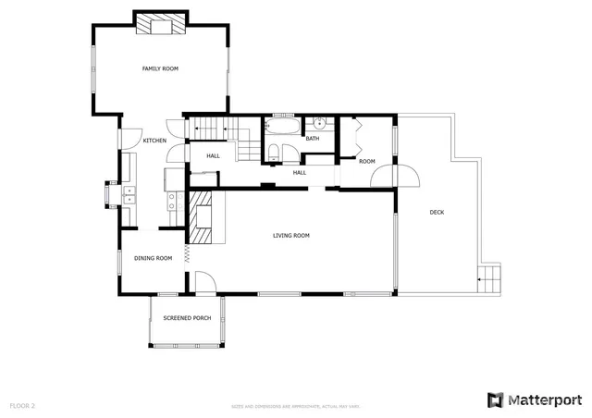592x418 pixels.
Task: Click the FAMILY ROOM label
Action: click(160, 68)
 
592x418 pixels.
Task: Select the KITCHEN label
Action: click(154, 141)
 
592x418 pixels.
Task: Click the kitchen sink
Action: click(129, 194)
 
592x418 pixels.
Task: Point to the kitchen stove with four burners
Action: click(170, 196)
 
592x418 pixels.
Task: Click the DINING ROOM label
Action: click(154, 258)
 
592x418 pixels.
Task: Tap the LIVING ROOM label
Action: click(290, 236)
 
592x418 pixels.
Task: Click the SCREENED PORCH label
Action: click(187, 318)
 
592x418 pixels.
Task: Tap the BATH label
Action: click(313, 140)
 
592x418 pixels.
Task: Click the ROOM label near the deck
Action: click(367, 162)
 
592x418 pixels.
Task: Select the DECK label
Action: click(437, 213)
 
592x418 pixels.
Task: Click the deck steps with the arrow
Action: click(487, 277)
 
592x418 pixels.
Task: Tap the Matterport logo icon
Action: click(496, 400)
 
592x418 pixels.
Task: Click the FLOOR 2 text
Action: click(22, 405)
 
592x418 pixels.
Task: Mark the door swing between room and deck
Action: click(406, 177)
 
